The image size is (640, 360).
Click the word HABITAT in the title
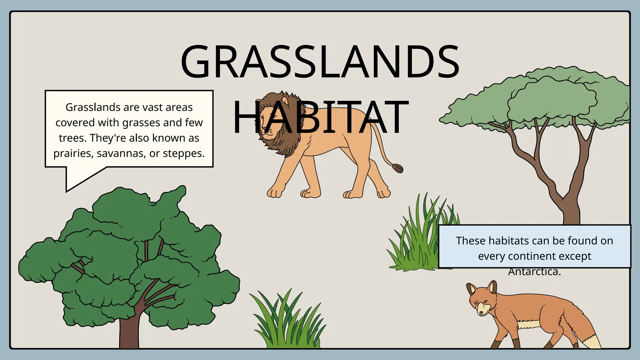[320, 117]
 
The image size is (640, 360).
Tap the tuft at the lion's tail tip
[397, 168]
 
